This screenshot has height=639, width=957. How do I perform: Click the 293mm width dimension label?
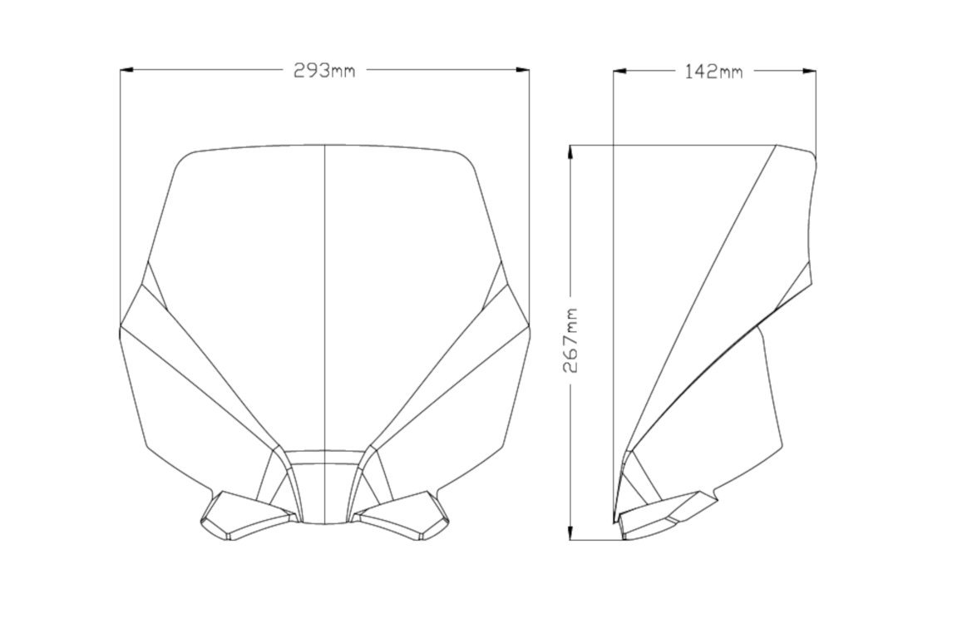click(x=324, y=70)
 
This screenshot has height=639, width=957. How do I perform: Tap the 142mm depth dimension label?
click(x=713, y=72)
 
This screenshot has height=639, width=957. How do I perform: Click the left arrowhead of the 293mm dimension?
click(x=127, y=70)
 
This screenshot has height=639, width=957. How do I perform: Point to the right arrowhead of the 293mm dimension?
click(x=522, y=70)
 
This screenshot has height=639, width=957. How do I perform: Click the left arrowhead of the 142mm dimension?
click(x=620, y=72)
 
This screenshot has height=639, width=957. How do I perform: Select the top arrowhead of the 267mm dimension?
click(x=570, y=152)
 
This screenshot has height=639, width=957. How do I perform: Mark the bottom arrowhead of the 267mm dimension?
click(x=570, y=532)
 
